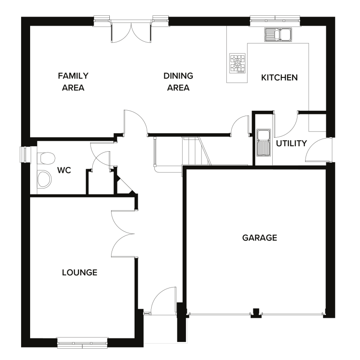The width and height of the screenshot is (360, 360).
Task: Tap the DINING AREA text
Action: [178, 81]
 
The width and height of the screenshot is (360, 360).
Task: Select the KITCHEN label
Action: [279, 77]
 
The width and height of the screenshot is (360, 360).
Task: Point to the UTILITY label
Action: [291, 144]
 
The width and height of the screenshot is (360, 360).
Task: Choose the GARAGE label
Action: [259, 238]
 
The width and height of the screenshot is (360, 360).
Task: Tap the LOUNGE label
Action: [80, 272]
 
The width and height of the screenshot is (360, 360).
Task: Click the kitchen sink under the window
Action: [278, 34]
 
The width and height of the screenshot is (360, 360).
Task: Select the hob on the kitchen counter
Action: [238, 63]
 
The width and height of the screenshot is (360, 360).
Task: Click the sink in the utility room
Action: [263, 142]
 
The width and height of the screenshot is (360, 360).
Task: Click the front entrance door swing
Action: [163, 301]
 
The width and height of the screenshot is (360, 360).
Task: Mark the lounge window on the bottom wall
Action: [83, 343]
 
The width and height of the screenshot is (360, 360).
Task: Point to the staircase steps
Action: [191, 151]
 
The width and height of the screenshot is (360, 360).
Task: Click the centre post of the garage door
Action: [256, 311]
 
